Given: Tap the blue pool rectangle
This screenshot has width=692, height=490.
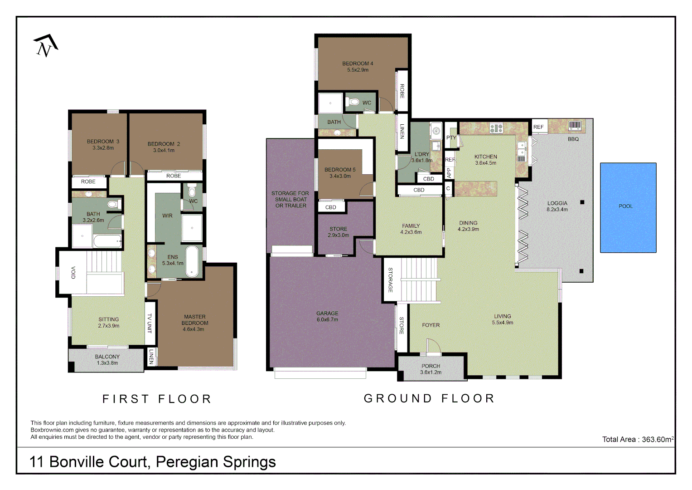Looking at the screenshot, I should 628,207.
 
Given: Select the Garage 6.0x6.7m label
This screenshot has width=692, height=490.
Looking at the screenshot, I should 327,316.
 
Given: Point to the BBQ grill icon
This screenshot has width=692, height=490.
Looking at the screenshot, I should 575,126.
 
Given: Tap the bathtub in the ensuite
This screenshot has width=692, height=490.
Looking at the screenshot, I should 193,261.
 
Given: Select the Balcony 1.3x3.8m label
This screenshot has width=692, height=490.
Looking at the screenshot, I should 107,360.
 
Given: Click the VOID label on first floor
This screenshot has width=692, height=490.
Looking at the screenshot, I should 73,272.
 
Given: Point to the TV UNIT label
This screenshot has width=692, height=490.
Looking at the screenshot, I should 150,323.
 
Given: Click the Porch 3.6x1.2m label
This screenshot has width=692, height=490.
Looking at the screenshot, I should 431,369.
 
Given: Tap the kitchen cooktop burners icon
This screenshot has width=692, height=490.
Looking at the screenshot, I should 496,128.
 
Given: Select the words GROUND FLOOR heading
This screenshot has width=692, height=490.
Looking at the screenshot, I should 429,398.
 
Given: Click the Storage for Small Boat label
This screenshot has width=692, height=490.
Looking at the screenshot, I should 290,199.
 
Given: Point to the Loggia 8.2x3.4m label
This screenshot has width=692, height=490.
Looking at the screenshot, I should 557,206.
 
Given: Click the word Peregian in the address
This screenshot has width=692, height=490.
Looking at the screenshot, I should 187,462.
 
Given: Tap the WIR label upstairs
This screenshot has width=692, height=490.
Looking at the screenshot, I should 167,216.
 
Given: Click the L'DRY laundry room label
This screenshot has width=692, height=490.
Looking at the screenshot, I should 421,157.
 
